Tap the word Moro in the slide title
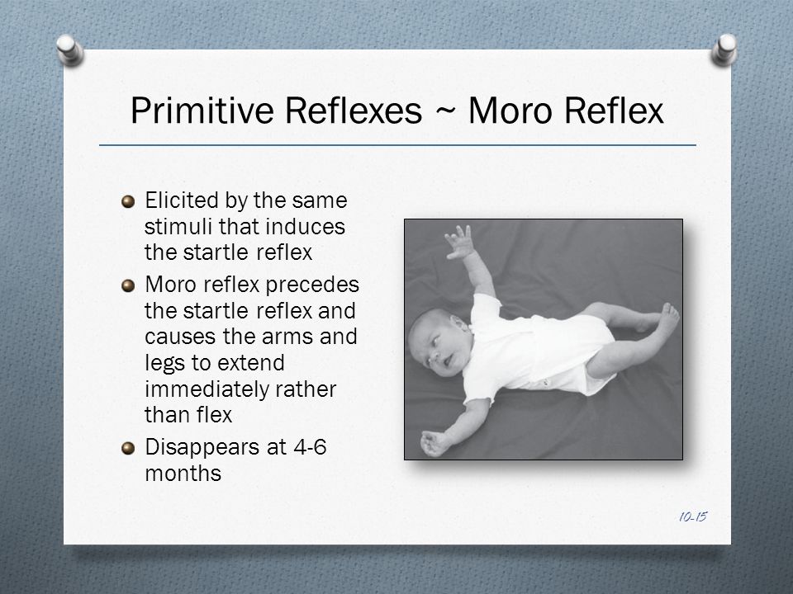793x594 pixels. click(x=510, y=110)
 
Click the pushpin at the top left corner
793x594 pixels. click(x=70, y=50)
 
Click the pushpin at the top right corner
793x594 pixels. click(x=724, y=50)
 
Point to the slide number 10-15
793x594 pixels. click(x=693, y=516)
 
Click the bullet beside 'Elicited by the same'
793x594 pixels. click(x=129, y=202)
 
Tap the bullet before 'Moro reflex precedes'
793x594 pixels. click(x=129, y=286)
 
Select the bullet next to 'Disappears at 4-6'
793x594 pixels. click(x=129, y=449)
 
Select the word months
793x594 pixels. click(x=183, y=474)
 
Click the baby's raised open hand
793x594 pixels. click(x=459, y=243)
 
